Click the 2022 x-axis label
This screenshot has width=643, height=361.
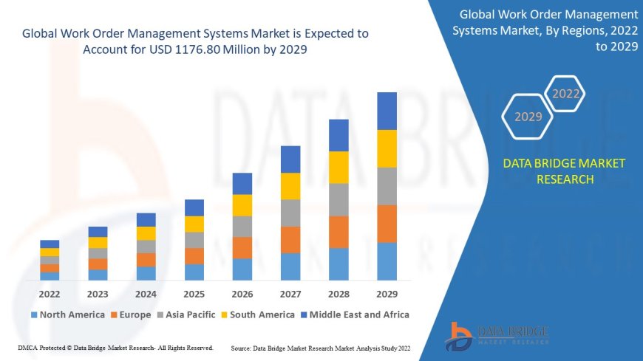50,294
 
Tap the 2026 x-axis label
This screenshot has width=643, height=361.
242,294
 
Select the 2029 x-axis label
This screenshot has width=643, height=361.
387,294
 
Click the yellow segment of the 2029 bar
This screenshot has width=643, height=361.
387,148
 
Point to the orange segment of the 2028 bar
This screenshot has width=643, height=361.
338,232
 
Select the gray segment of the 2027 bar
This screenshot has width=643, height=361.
290,213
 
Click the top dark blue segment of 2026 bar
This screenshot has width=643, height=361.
242,184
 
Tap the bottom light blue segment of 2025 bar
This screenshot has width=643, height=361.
194,272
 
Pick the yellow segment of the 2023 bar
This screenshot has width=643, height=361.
98,242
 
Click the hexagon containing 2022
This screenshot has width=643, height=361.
566,94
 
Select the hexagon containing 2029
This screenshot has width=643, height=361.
528,117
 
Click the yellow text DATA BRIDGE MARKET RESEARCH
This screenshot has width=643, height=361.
564,171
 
